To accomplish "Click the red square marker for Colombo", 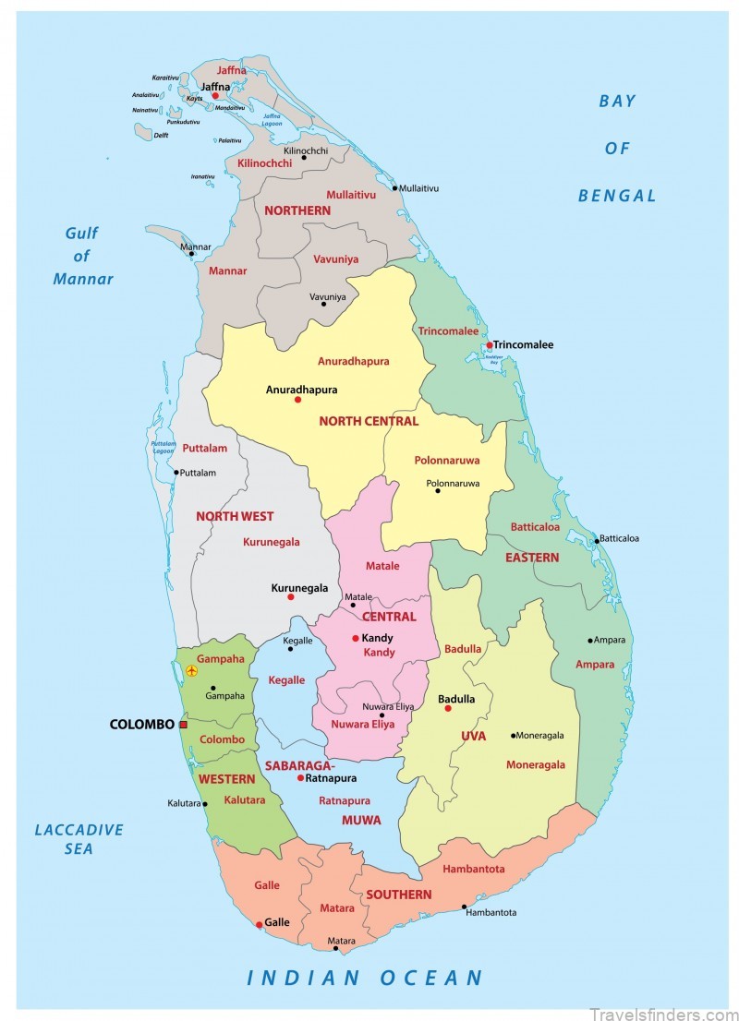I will coord(183,725).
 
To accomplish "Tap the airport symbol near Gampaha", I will coord(191,671).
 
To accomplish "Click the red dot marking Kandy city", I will coord(355,638).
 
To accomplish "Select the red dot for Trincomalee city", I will coord(490,345).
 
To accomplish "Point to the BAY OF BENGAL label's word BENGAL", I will coord(617,196).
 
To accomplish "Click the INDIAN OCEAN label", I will coord(365,979).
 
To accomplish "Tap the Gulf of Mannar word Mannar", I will coord(83,279).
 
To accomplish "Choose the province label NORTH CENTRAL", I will coord(369,421).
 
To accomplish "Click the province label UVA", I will coord(473,736).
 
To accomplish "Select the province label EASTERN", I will coord(531,558).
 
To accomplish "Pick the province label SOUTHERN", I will coord(398,895).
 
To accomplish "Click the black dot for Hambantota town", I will coord(464,907).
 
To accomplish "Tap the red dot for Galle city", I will coord(259,923).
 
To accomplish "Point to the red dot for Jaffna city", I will coord(215,95).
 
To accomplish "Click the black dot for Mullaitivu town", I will coord(394,188).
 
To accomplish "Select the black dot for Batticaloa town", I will coord(597,541).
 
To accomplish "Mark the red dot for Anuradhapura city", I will coord(297,400).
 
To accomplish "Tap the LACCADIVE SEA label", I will coord(79,838).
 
